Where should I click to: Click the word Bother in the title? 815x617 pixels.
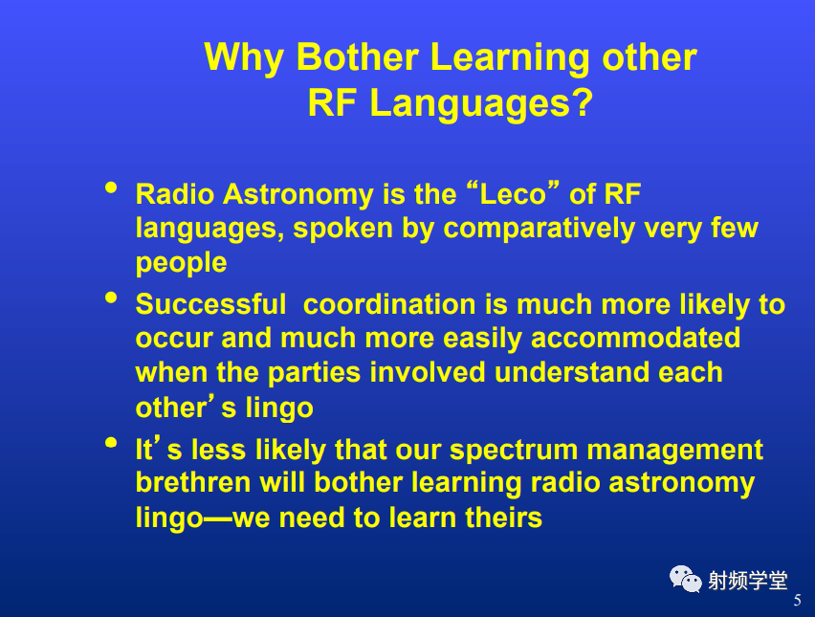[x=357, y=56]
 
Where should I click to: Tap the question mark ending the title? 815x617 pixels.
[x=583, y=102]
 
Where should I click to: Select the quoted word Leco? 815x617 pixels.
[x=513, y=194]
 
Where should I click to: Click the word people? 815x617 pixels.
[x=181, y=262]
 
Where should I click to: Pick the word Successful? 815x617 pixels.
[x=210, y=304]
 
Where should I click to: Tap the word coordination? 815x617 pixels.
[x=389, y=304]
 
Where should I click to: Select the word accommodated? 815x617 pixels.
[x=635, y=338]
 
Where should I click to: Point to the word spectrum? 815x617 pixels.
[x=514, y=451]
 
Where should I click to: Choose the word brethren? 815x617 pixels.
[x=193, y=482]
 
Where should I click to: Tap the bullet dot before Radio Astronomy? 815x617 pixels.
[x=111, y=187]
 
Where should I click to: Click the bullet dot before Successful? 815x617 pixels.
[x=111, y=297]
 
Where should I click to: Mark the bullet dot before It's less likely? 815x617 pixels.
[x=111, y=443]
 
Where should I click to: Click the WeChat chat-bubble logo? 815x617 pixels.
[x=685, y=579]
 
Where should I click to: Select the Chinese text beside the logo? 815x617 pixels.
[x=747, y=580]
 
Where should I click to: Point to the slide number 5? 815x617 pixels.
[x=797, y=601]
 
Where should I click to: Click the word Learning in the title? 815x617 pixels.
[x=510, y=57]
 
